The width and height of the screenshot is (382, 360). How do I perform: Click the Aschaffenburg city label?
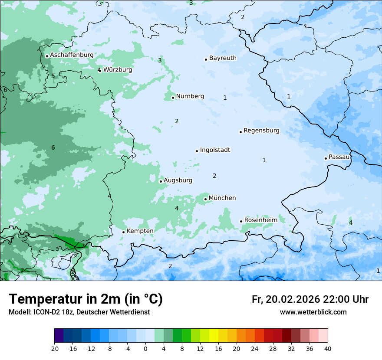(72, 55)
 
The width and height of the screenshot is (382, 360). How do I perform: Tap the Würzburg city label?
(118, 69)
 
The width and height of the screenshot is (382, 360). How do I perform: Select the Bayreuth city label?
(223, 58)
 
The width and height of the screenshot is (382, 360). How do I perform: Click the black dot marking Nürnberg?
(173, 98)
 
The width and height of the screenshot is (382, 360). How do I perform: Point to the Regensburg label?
(261, 130)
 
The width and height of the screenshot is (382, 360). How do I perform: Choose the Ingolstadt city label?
(215, 150)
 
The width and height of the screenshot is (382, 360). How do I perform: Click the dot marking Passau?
(326, 158)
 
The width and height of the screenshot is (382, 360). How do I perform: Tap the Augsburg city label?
(178, 180)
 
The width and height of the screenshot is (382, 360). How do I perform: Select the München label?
(222, 198)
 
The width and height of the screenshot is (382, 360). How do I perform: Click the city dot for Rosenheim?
(241, 221)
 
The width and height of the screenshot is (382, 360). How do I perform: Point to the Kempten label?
(140, 231)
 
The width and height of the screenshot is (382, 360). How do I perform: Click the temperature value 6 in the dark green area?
(53, 147)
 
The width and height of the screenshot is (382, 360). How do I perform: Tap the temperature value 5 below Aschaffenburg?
(53, 76)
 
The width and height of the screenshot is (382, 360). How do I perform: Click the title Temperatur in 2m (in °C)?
(86, 299)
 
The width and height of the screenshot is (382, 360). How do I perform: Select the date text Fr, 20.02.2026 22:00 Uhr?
(310, 299)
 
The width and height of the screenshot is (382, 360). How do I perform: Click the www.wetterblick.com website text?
(313, 312)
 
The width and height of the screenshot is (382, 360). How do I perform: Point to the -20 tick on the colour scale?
(54, 348)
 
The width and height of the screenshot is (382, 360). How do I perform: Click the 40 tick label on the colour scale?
(327, 348)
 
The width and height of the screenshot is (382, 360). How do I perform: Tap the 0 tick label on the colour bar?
(145, 348)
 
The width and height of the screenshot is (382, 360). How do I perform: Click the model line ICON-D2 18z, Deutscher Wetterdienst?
(79, 312)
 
